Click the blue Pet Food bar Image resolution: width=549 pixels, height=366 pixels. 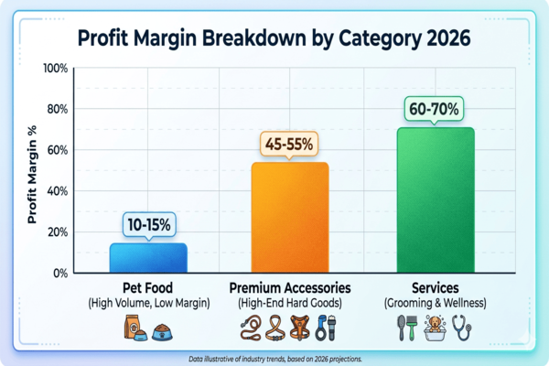tap(148, 257)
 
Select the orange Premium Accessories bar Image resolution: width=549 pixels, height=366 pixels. tap(290, 217)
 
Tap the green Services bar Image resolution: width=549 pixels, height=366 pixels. tap(436, 199)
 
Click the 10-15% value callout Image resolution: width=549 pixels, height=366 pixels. tap(147, 224)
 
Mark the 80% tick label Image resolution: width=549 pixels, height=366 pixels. tap(57, 110)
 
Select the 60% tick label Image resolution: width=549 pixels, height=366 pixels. tap(57, 150)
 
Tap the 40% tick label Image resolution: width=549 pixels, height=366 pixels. tap(57, 191)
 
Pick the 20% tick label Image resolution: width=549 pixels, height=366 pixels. tap(57, 232)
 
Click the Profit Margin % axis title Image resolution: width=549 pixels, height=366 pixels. tap(31, 171)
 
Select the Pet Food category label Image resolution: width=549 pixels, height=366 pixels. tap(147, 287)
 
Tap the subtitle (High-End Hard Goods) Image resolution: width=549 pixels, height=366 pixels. tap(290, 303)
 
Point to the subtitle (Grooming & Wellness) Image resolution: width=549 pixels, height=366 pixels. tap(436, 303)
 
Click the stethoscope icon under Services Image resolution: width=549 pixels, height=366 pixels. tap(466, 328)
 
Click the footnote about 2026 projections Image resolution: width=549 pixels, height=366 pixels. tap(274, 359)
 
